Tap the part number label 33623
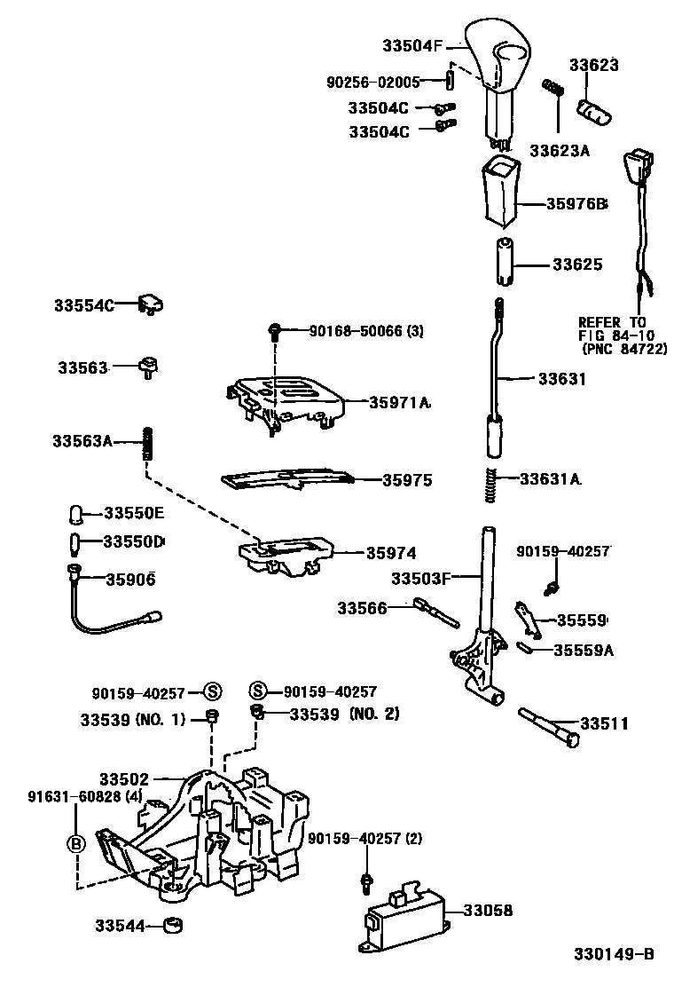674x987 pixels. (593, 66)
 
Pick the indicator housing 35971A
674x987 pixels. (288, 399)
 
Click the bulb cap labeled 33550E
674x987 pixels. (76, 514)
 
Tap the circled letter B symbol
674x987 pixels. (77, 843)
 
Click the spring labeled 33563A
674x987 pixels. (148, 441)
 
